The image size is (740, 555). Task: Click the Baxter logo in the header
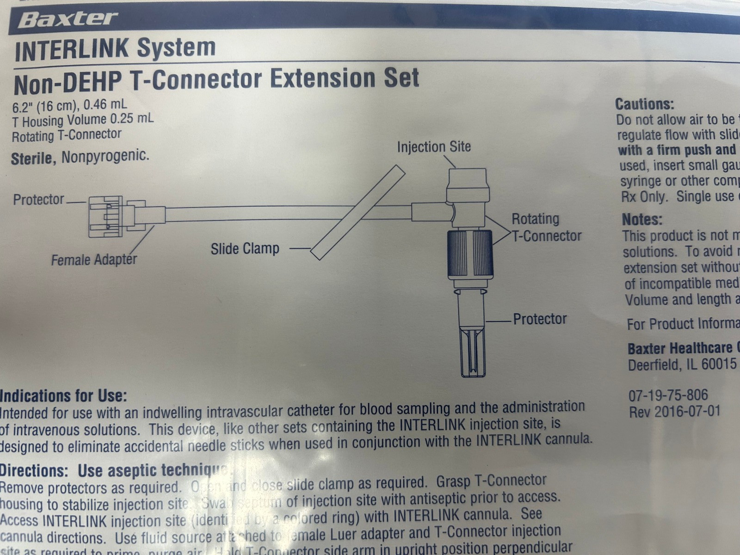68,19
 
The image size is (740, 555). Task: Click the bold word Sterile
31,159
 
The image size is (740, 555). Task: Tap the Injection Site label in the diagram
433,147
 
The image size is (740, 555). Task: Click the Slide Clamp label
245,249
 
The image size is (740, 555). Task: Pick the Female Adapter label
94,259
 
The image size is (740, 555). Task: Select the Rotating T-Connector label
546,228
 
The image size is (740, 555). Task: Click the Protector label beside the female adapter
38,200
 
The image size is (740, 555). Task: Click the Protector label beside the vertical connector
539,319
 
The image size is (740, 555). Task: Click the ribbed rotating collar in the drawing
469,253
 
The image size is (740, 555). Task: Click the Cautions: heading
644,104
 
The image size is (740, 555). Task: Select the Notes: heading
641,219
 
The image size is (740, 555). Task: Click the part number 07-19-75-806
667,395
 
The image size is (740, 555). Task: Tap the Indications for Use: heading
63,396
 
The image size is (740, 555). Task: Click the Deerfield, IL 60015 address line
682,364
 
